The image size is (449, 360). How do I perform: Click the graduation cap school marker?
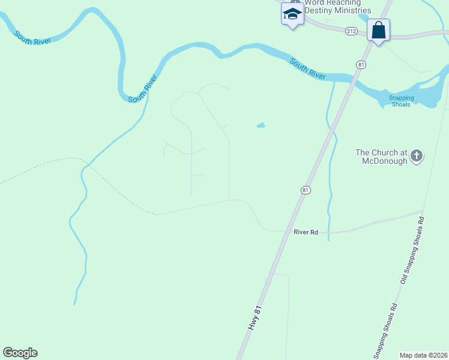pos(292,14)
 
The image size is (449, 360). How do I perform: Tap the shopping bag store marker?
pos(379,30)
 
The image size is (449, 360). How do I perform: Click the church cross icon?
pos(417,157)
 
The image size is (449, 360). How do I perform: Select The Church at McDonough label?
pos(382,156)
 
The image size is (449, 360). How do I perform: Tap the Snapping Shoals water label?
pos(400,101)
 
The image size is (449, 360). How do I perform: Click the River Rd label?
pos(306,232)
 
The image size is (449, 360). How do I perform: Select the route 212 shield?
pos(352,31)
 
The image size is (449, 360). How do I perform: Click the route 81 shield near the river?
pos(360,64)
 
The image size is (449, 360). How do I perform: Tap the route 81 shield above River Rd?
pos(306,190)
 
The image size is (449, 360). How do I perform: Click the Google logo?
pos(20,353)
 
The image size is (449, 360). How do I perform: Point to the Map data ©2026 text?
pos(423,355)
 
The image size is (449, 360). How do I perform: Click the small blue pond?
pos(261,125)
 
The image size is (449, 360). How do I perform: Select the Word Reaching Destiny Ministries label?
pos(337,7)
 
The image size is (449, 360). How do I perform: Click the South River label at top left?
pos(33,37)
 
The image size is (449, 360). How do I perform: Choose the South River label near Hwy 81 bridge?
pos(308,68)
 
